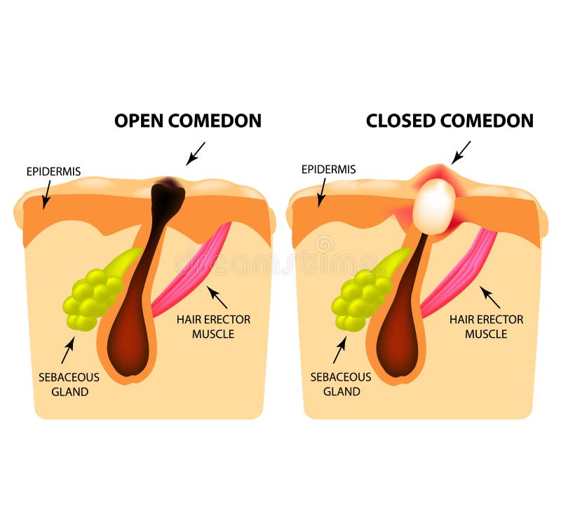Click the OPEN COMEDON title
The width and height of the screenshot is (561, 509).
point(188,121)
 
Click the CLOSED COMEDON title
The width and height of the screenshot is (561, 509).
point(450,121)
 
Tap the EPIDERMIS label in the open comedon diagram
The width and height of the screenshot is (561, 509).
point(54,172)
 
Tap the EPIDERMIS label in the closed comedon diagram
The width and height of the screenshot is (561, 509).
point(328,169)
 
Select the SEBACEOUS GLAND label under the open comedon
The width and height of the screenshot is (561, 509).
point(69,384)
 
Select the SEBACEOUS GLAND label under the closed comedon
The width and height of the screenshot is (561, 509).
point(341,384)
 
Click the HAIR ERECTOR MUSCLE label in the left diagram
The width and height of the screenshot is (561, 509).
point(214,327)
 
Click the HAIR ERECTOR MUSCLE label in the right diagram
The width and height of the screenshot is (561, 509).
point(486,327)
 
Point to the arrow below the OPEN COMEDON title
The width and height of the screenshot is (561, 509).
point(196,154)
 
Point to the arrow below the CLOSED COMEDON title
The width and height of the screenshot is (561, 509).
point(461,153)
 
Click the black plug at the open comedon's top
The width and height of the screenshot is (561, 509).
point(168,197)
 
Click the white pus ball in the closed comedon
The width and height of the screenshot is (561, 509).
point(434,207)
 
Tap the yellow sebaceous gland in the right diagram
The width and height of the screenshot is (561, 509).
point(363,293)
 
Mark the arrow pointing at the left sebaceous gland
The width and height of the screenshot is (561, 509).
point(67,350)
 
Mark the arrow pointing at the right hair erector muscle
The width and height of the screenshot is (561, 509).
point(489,297)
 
